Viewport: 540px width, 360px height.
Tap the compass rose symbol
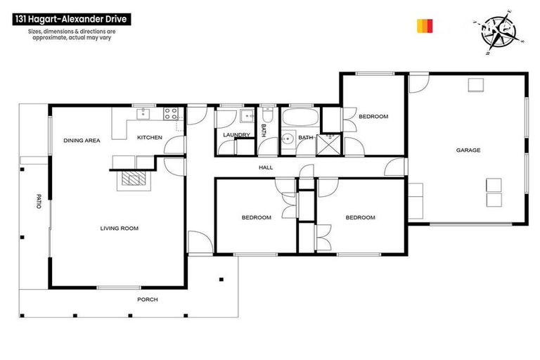coord(501,32)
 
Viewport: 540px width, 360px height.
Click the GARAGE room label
coord(468,150)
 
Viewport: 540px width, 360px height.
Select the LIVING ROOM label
coord(119,228)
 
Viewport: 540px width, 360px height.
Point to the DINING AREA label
coord(82,141)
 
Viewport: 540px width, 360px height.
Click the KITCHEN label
coord(150,137)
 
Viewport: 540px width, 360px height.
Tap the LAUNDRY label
coord(236,134)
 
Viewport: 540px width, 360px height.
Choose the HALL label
coord(266,167)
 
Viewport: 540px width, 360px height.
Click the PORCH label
coord(148,300)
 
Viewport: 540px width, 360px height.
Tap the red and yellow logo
coord(425,26)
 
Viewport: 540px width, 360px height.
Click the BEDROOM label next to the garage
coord(373,117)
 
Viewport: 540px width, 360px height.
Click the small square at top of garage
coord(476,85)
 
